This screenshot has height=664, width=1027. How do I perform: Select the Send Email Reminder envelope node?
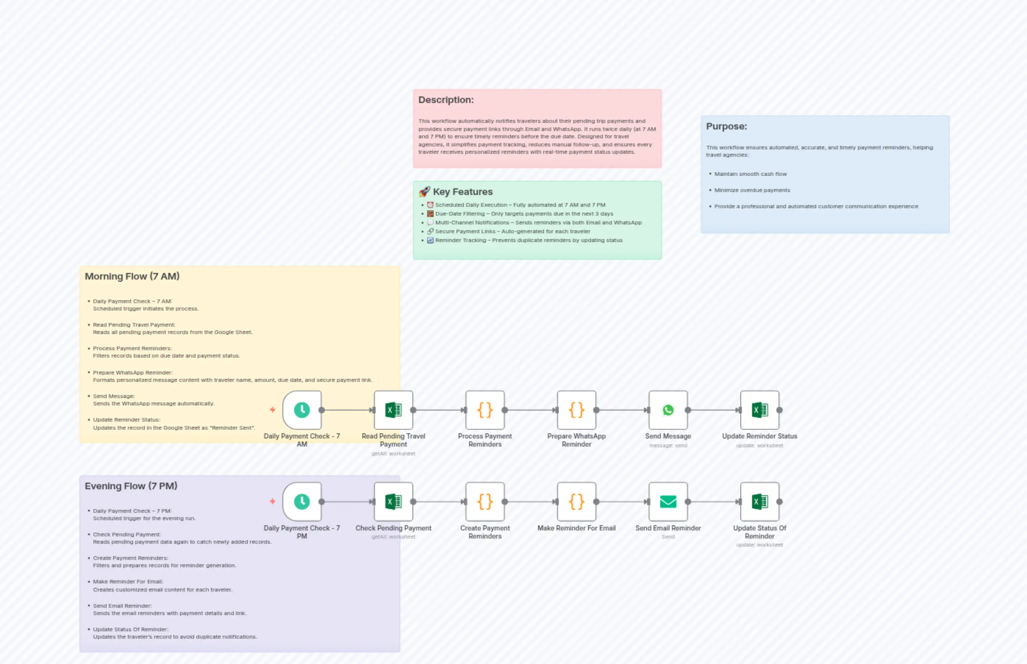(668, 501)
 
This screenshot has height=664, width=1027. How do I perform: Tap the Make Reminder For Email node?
(576, 501)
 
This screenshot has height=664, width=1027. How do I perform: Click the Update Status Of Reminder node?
(759, 501)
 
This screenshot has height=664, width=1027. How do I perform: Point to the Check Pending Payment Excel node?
(393, 501)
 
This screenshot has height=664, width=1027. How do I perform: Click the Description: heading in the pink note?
(446, 100)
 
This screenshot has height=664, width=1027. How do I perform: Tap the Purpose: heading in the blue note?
(726, 126)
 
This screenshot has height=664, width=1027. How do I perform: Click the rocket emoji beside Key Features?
(424, 191)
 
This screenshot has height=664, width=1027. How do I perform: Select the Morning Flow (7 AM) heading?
(132, 276)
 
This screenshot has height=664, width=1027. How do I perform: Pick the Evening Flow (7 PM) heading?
(131, 486)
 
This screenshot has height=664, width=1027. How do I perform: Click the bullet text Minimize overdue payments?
(752, 190)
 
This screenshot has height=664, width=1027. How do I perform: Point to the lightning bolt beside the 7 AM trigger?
(272, 409)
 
